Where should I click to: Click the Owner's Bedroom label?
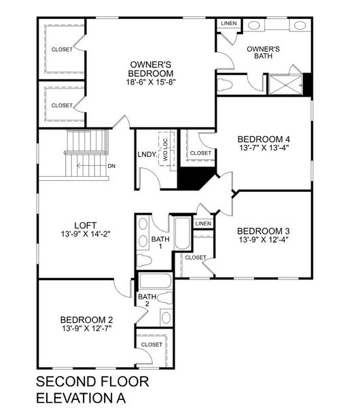pos(150,69)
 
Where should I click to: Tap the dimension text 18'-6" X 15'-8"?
pos(150,83)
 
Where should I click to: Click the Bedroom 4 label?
pos(264,137)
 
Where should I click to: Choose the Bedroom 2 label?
pos(86,320)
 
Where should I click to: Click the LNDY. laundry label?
pos(147,154)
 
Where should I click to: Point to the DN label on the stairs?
pos(111,165)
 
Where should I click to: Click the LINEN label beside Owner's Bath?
pos(228,24)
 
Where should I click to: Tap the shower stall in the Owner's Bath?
pos(285,84)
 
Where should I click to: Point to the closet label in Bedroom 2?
pos(151,344)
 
